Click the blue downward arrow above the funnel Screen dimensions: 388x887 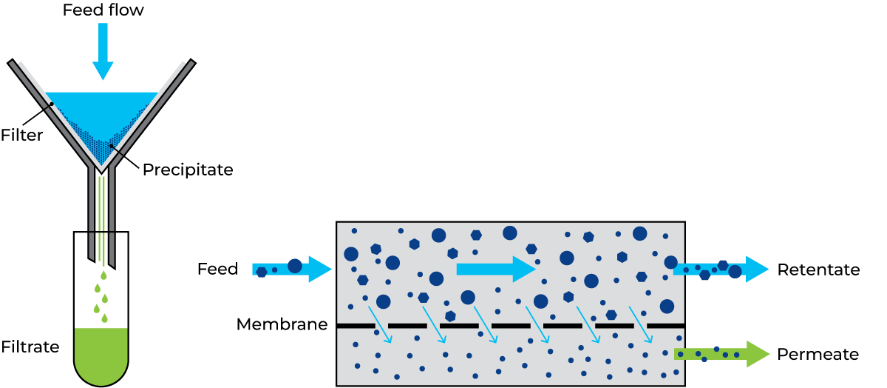click(103, 48)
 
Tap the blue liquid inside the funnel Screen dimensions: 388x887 click(102, 111)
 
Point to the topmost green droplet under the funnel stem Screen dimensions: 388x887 click(103, 275)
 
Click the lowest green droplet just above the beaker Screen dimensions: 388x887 click(104, 318)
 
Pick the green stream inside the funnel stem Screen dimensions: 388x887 click(101, 215)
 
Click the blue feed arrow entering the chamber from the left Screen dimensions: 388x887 click(291, 269)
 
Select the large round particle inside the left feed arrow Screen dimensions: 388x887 click(295, 266)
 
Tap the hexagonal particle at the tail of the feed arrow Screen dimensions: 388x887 click(261, 272)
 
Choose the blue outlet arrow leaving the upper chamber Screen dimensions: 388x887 click(721, 269)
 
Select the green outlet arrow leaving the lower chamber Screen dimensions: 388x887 click(721, 354)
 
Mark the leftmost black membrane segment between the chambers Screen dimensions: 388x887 click(356, 326)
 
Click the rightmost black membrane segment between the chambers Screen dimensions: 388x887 click(665, 326)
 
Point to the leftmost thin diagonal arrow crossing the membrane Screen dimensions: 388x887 click(380, 324)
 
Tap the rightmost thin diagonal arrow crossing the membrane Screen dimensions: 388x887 click(641, 324)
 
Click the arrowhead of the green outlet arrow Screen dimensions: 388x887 click(758, 354)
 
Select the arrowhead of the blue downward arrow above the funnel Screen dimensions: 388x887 click(103, 71)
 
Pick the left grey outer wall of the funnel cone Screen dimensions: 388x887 click(49, 115)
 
